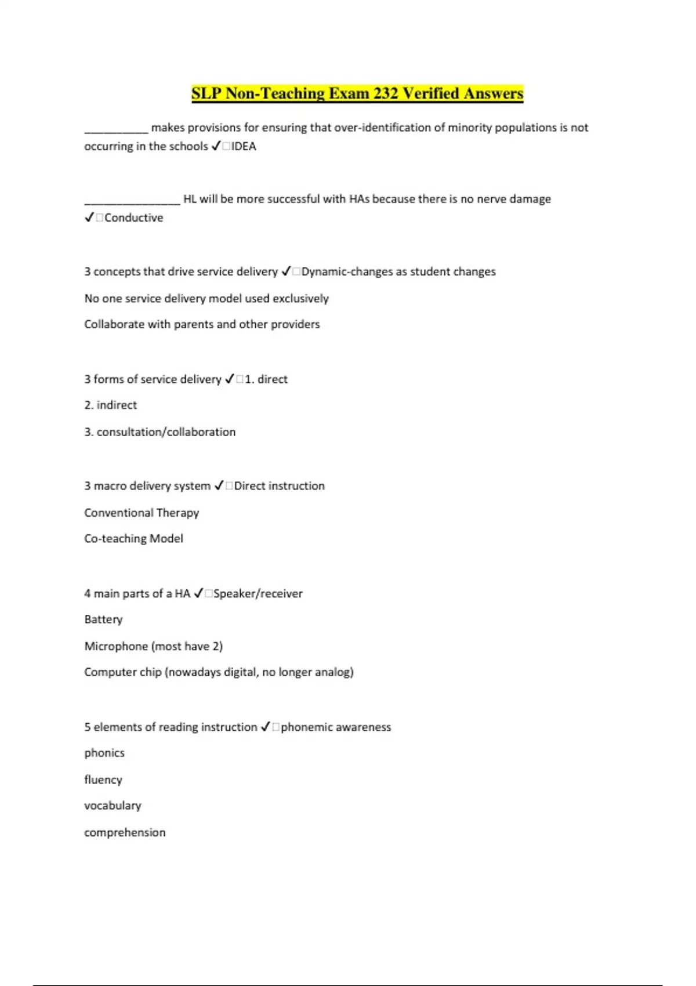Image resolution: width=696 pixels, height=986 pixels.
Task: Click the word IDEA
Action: click(x=244, y=146)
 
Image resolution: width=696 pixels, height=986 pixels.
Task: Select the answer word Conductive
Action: click(x=134, y=217)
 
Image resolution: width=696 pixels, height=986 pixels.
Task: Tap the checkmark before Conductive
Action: click(x=89, y=217)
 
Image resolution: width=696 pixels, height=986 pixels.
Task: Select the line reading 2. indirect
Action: click(x=111, y=405)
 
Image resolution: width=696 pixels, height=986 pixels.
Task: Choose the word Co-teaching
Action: click(x=115, y=538)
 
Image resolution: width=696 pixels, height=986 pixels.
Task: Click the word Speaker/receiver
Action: click(x=258, y=593)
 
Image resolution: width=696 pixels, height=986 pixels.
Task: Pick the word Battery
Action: click(x=103, y=619)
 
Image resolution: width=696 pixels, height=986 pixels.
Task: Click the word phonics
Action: click(x=104, y=753)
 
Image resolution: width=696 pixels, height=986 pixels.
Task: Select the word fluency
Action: click(x=103, y=780)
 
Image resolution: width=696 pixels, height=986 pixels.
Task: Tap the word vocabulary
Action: click(x=113, y=806)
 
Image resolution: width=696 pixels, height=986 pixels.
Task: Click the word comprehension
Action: click(x=125, y=832)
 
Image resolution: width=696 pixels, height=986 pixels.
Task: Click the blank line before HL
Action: click(x=132, y=202)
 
